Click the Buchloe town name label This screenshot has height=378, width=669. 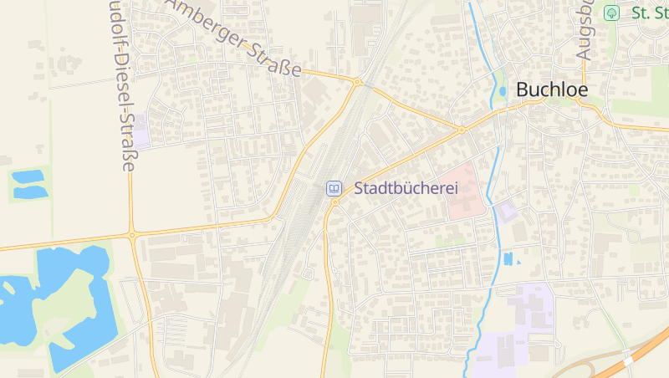click(551, 89)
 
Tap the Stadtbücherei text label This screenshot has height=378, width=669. click(407, 189)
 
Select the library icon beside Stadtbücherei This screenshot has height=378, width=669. click(334, 189)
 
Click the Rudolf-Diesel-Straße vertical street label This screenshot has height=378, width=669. click(121, 84)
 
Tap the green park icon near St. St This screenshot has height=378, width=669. click(611, 13)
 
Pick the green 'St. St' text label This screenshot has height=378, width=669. click(650, 13)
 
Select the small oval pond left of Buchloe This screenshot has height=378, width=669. click(503, 91)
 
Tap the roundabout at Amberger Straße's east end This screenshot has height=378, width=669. click(358, 82)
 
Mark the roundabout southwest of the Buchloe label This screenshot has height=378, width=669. click(461, 130)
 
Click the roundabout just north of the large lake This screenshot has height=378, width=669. click(132, 236)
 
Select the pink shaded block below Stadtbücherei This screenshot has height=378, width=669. click(466, 192)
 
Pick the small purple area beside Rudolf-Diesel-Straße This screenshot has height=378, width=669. click(142, 131)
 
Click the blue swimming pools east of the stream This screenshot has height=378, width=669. click(508, 259)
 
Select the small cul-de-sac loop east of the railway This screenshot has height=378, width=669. click(308, 273)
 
